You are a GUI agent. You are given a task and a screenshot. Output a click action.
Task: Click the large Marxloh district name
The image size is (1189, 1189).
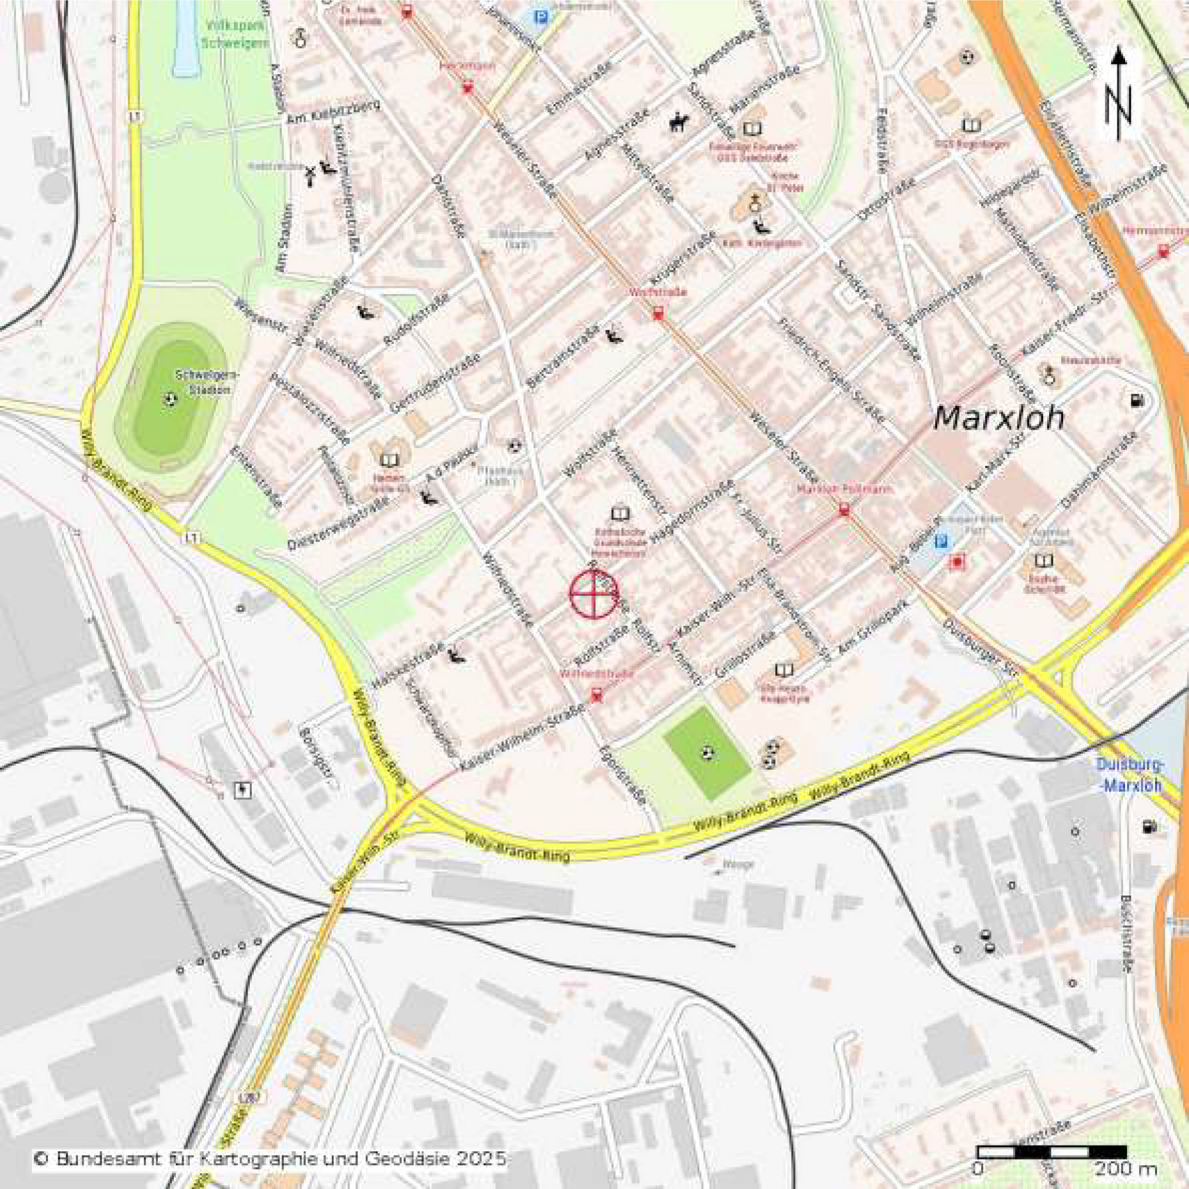coord(999,418)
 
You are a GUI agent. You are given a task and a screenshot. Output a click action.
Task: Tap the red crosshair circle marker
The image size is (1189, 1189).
coord(594,594)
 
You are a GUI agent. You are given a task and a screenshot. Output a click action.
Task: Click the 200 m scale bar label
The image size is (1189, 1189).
coord(1126,1169)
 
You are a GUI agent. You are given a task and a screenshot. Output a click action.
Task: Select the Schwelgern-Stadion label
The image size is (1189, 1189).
coord(206,382)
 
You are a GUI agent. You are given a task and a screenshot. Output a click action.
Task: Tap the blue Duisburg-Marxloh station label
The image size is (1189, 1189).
coord(1130,774)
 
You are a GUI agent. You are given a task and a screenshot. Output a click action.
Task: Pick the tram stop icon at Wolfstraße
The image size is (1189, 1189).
coord(657,313)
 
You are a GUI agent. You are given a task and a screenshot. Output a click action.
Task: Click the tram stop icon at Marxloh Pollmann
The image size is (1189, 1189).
coord(844,509)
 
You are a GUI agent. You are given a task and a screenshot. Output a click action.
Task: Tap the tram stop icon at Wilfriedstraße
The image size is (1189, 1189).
coord(596,695)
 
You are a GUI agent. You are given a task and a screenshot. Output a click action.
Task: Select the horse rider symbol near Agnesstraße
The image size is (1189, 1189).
coord(679,121)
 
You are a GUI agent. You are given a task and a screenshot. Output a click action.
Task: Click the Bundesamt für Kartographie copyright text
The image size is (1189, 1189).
coord(270,1158)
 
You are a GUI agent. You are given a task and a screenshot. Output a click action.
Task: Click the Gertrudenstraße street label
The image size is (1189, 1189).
coord(435,383)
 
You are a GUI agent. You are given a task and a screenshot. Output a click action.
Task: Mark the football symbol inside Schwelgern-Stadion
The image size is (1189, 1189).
coord(170,400)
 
